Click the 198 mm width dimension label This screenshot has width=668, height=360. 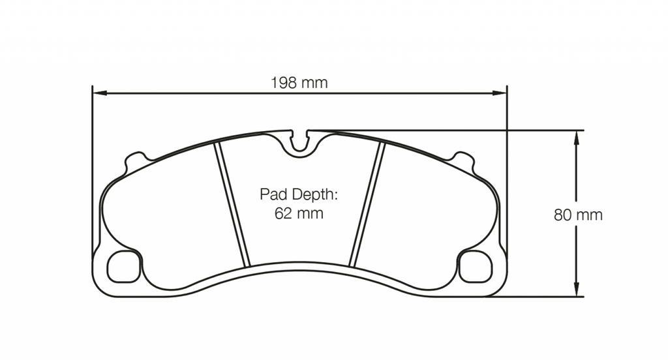[299, 83]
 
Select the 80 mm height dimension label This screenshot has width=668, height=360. [578, 215]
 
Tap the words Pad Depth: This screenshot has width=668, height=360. [299, 194]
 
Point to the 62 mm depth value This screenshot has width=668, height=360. [299, 214]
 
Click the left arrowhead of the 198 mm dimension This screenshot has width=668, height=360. [97, 93]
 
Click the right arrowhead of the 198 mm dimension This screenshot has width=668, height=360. [502, 93]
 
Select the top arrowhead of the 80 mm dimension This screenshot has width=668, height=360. [576, 135]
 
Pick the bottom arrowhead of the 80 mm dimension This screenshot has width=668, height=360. [576, 292]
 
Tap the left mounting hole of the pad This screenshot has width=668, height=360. [123, 267]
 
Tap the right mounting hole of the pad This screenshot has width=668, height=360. [476, 267]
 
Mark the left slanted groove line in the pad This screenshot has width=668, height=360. [234, 205]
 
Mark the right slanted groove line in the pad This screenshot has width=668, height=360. [367, 205]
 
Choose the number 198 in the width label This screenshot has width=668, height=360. [284, 83]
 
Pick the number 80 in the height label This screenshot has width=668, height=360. [562, 215]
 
